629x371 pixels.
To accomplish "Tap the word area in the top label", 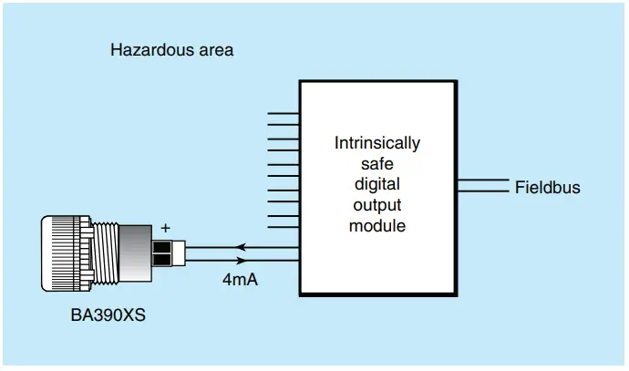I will (214, 50).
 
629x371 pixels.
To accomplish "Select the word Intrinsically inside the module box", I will (377, 143).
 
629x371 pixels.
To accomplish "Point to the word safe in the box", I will (377, 163).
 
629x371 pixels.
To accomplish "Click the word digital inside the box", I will (377, 184).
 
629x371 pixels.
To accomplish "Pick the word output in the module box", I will (377, 204).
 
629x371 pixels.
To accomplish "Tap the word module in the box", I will (377, 225).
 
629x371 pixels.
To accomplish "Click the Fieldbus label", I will (547, 188).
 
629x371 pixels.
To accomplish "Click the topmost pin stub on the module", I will (284, 114).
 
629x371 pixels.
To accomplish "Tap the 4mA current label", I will (239, 280).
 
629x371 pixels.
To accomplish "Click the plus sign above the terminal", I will (165, 228).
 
